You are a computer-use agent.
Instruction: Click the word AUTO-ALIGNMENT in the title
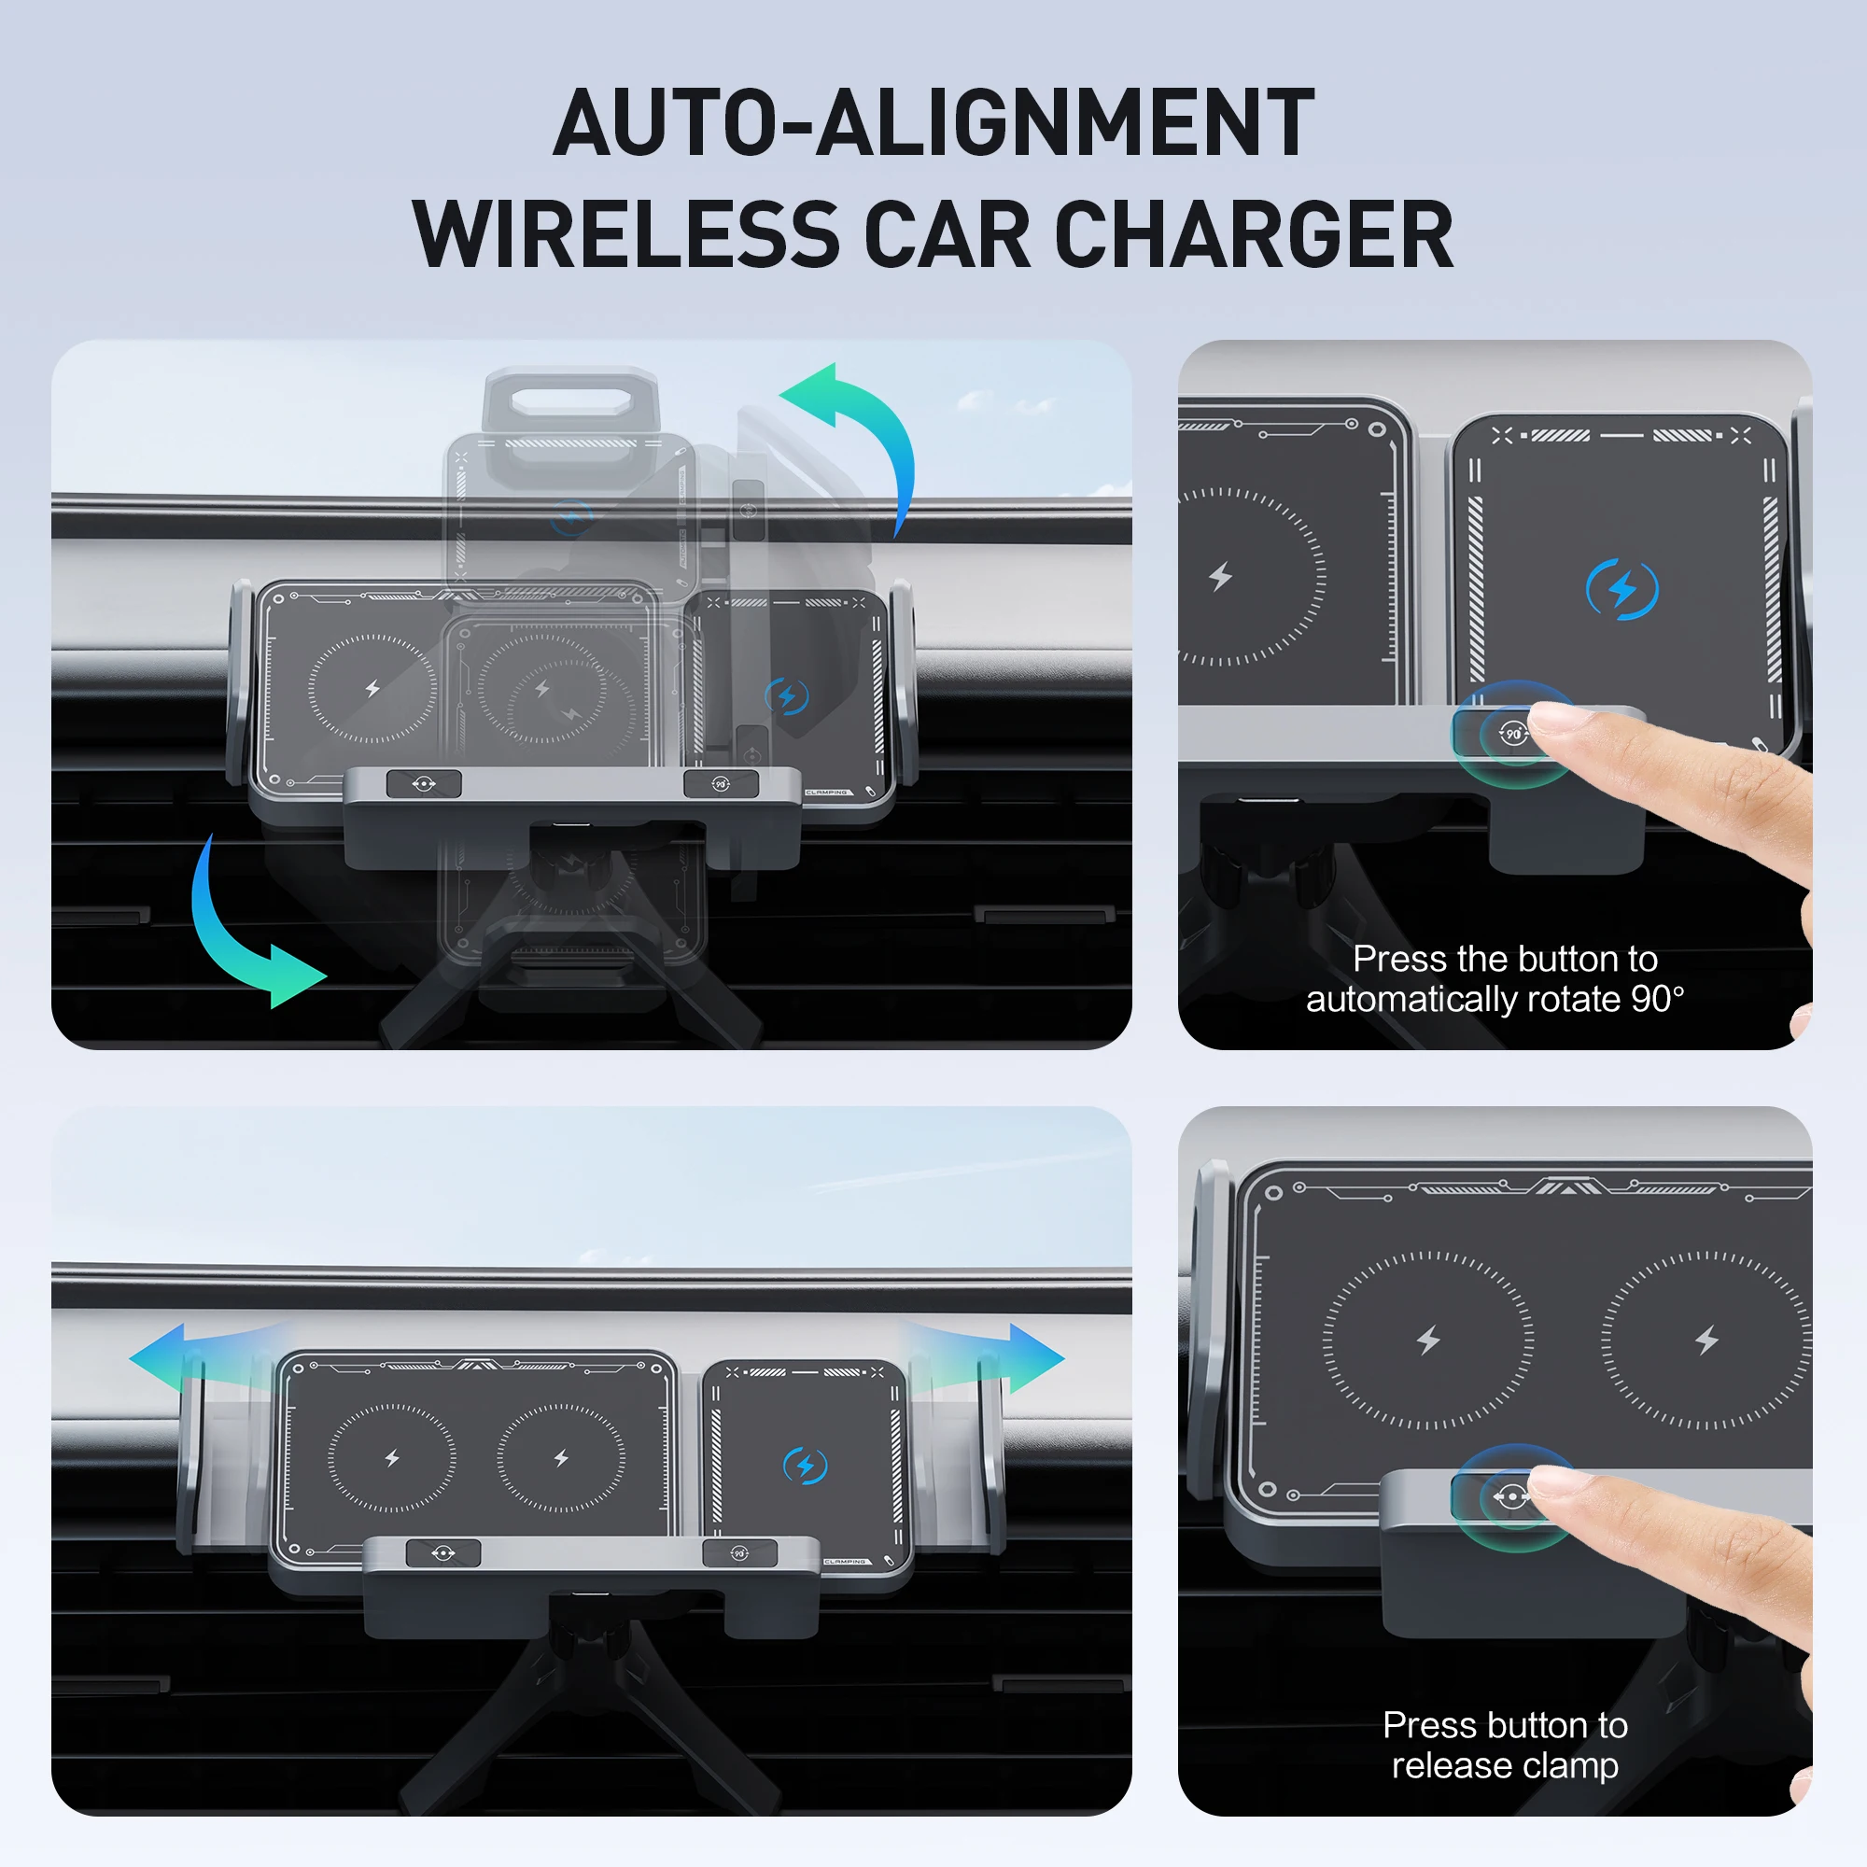coord(933,124)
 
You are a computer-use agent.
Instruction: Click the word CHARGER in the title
coord(1254,235)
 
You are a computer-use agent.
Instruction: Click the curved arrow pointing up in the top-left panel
coord(863,425)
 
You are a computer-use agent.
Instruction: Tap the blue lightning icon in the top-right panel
coord(1622,588)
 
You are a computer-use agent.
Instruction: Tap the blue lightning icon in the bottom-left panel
coord(804,1466)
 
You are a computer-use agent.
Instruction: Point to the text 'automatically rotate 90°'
coord(1495,999)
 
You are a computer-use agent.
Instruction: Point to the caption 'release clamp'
coord(1505,1765)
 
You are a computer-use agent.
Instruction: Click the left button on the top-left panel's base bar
coord(423,784)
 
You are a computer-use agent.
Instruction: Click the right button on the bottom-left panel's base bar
coord(739,1553)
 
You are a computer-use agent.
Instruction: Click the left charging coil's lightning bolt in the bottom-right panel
coord(1428,1341)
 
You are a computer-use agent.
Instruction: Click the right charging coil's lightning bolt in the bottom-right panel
coord(1706,1341)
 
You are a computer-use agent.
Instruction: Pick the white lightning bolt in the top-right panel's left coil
coord(1220,577)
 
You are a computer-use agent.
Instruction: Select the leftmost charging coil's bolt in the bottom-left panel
coord(391,1457)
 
